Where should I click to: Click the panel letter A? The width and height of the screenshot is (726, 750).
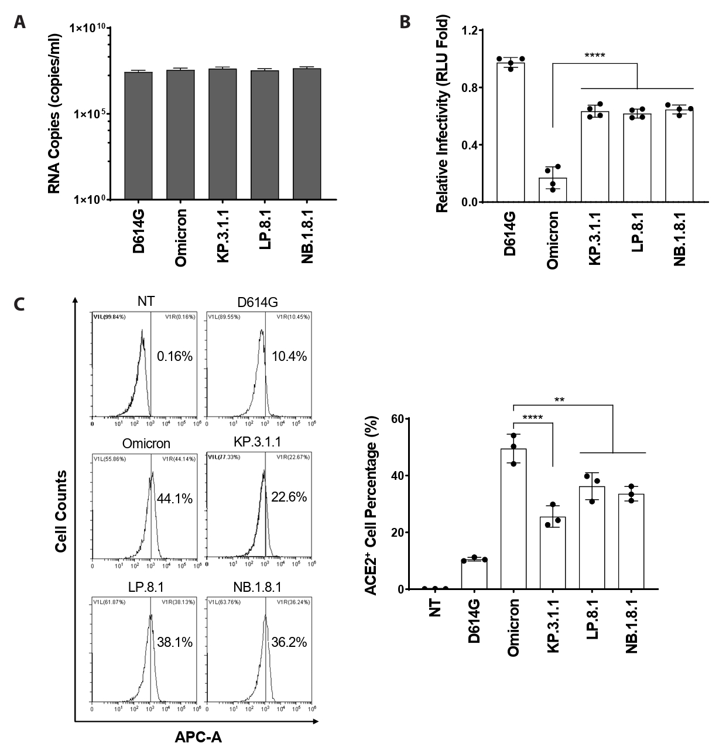(x=20, y=22)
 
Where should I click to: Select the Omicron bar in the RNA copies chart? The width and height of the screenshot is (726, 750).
(x=180, y=135)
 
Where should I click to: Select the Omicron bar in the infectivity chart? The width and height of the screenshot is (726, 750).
(x=553, y=190)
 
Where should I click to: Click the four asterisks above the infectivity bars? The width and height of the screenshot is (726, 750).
(x=594, y=56)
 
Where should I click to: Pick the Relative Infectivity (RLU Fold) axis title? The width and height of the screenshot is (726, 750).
(x=443, y=115)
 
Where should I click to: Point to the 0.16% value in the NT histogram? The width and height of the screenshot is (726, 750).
(x=174, y=356)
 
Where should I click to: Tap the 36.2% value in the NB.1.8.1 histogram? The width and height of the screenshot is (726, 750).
(x=289, y=642)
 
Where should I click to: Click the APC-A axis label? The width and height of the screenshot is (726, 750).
(x=198, y=737)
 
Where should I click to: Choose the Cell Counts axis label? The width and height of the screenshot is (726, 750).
(x=60, y=511)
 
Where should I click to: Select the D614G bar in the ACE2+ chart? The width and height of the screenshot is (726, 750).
(x=474, y=574)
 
